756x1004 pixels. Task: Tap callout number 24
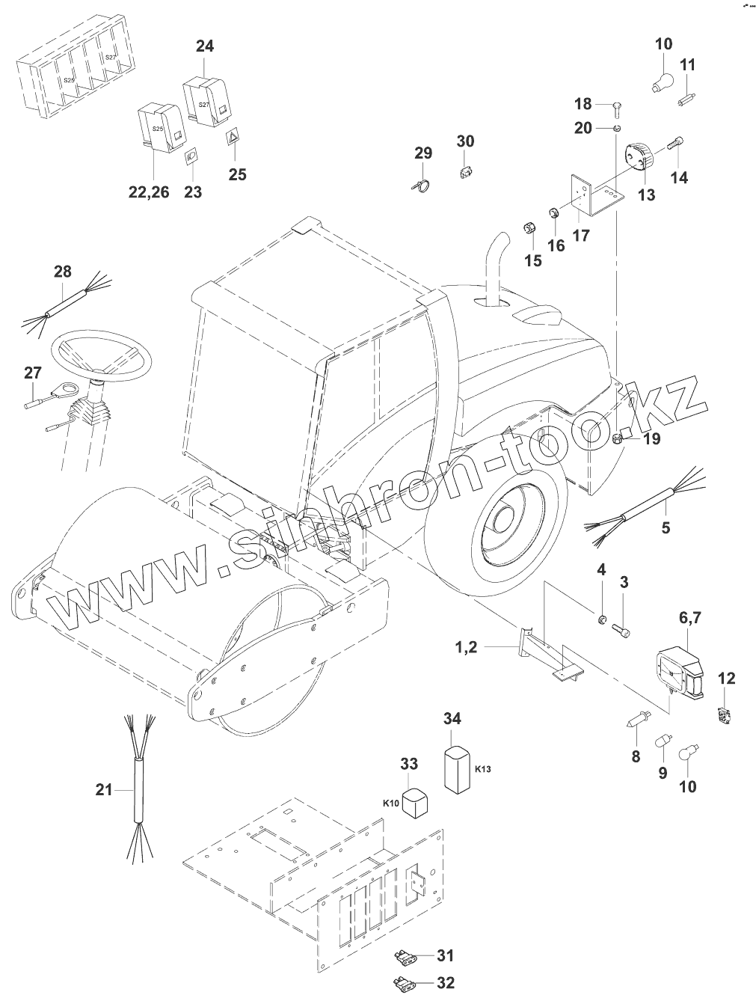click(204, 46)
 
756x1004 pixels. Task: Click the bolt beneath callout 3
click(621, 631)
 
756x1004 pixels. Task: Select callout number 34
click(452, 719)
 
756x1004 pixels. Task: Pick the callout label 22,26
click(148, 192)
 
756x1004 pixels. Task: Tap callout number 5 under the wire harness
click(666, 527)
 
